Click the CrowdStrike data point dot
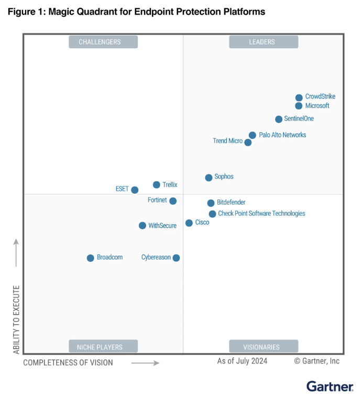[299, 97]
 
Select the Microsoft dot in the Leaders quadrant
[299, 106]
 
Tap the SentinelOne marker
[279, 119]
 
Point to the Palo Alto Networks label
[282, 135]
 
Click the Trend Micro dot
[248, 142]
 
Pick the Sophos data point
[209, 178]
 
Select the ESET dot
[135, 190]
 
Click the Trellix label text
[170, 185]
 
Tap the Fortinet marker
[173, 201]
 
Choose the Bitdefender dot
[211, 203]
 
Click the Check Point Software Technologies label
[261, 214]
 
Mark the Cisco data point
[189, 223]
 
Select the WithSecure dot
[143, 226]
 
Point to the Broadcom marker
[90, 258]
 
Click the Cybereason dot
[176, 258]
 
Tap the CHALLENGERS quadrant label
[103, 42]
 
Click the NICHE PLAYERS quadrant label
[103, 347]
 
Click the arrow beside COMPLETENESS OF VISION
[145, 362]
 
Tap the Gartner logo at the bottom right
[330, 386]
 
